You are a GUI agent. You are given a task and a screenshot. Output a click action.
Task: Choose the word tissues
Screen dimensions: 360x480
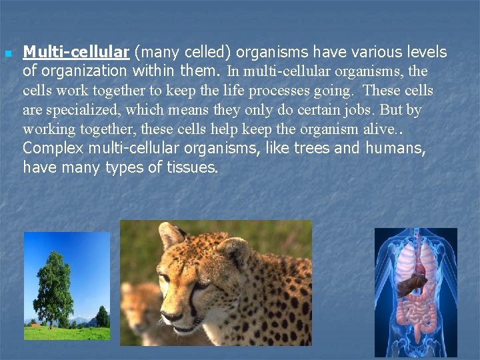tap(189, 167)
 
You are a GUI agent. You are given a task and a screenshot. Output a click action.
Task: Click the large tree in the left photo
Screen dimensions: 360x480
tap(53, 287)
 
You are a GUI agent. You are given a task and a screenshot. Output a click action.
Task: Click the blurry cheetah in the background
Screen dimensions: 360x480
tap(140, 307)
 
